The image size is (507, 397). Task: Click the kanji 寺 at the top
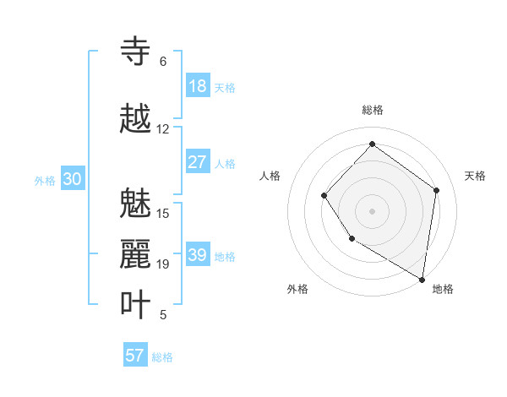pyautogui.click(x=136, y=52)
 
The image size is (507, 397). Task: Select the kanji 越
pyautogui.click(x=136, y=119)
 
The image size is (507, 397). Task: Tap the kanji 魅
pyautogui.click(x=136, y=204)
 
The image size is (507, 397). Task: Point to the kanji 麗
pyautogui.click(x=136, y=254)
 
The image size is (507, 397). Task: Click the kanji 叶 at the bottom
pyautogui.click(x=136, y=305)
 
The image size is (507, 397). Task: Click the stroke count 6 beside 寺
pyautogui.click(x=163, y=62)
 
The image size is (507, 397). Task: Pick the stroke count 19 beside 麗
pyautogui.click(x=163, y=264)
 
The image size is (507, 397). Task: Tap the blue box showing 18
pyautogui.click(x=197, y=86)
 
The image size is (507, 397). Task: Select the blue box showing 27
pyautogui.click(x=197, y=162)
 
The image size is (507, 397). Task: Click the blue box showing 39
pyautogui.click(x=197, y=255)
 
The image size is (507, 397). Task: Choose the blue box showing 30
pyautogui.click(x=72, y=179)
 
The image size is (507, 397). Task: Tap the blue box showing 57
pyautogui.click(x=135, y=356)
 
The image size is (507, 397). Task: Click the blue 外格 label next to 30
pyautogui.click(x=45, y=180)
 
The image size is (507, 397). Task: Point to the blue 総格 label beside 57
pyautogui.click(x=162, y=357)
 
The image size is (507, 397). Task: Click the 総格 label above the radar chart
pyautogui.click(x=373, y=110)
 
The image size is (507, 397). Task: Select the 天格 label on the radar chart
pyautogui.click(x=475, y=176)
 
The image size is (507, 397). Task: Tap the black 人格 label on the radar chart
pyautogui.click(x=270, y=176)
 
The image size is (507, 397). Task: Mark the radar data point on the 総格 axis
pyautogui.click(x=372, y=144)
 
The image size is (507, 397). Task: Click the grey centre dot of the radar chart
pyautogui.click(x=372, y=210)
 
